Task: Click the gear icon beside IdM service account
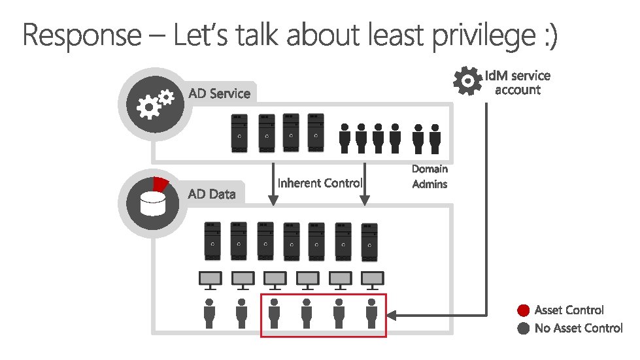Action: [x=467, y=80]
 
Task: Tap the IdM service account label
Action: [x=522, y=83]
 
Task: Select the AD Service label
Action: [x=219, y=93]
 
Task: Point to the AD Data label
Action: [x=211, y=194]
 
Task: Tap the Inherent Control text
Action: [x=320, y=183]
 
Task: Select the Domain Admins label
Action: [x=429, y=176]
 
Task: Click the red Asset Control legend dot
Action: [x=523, y=310]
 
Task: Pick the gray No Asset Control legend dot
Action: [x=523, y=329]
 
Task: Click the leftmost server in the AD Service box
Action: [x=240, y=133]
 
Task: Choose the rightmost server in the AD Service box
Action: [x=316, y=133]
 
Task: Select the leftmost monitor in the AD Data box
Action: [x=211, y=280]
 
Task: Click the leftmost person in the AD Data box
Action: [x=210, y=314]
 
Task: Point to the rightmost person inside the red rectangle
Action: [x=371, y=314]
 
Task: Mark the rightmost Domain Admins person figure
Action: [x=435, y=136]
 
